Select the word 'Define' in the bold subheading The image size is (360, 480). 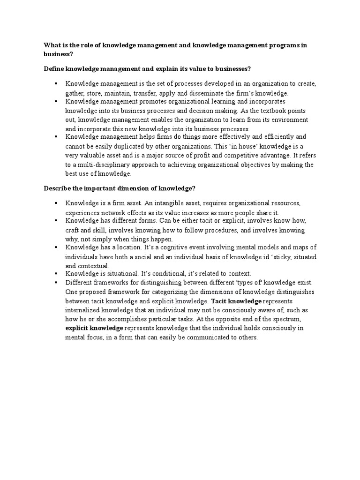tap(54, 69)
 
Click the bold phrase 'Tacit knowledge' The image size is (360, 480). tap(236, 300)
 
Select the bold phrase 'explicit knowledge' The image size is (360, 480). tap(94, 328)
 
